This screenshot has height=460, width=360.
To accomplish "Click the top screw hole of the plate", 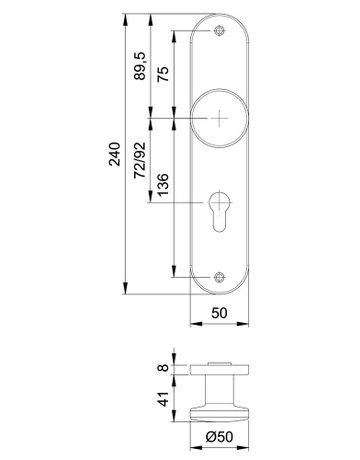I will point(219,32).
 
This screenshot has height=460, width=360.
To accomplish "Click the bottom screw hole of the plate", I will point(219,280).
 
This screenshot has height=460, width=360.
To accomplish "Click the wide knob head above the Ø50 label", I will point(219,406).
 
